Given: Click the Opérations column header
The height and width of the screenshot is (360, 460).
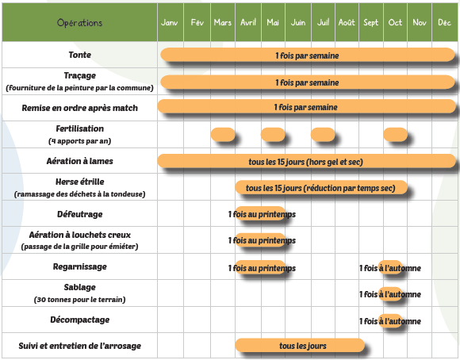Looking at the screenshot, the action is coord(79,22).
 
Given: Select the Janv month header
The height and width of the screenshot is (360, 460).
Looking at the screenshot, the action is coord(169,22).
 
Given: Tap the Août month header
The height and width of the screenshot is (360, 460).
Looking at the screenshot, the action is coord(347,22).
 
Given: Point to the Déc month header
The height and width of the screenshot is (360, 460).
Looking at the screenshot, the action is coord(444,22).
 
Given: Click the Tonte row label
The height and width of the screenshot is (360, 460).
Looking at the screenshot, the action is coord(79,55).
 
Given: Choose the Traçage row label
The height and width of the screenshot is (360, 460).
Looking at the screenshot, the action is coord(79,75).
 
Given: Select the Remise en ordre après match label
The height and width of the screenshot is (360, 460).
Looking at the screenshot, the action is coord(79,108).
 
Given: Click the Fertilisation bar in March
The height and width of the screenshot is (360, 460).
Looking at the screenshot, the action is coord(223,135).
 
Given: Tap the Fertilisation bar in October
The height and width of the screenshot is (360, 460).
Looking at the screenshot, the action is coord(396,135).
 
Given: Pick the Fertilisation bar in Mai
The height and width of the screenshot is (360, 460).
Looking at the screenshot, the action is coord(273,135).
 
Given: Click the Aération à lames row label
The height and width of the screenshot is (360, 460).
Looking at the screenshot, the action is coord(79,161).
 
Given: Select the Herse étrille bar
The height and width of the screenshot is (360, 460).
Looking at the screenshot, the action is coord(321,187).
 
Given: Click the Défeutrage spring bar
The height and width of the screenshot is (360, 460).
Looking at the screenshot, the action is coord(260,214).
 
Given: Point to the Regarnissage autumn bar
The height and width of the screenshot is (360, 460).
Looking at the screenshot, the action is coord(390,267).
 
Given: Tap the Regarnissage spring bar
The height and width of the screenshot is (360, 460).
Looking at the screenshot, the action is coord(260,267).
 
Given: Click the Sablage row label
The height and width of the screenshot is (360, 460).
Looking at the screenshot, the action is coord(79,287).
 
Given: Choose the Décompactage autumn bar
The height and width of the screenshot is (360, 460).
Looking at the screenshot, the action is coord(390,320).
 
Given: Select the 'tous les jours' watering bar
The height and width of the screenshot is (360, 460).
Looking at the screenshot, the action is coord(300,345).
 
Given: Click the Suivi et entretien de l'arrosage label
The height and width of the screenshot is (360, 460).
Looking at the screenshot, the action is coord(79,346).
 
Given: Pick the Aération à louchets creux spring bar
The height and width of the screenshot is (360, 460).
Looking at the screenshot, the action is coord(260,240).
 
